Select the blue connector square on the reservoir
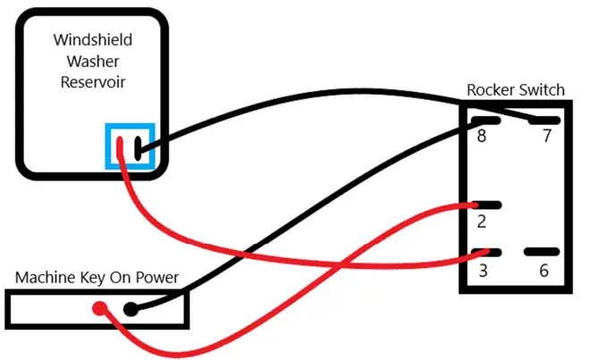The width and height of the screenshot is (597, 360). click(x=131, y=146)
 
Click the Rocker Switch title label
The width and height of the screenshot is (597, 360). click(x=516, y=90)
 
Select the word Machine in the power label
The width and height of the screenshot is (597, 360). click(x=45, y=277)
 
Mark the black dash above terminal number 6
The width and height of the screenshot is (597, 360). click(x=542, y=252)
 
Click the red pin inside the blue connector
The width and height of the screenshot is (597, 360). click(x=121, y=147)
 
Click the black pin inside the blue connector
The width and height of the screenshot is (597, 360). click(x=139, y=147)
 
